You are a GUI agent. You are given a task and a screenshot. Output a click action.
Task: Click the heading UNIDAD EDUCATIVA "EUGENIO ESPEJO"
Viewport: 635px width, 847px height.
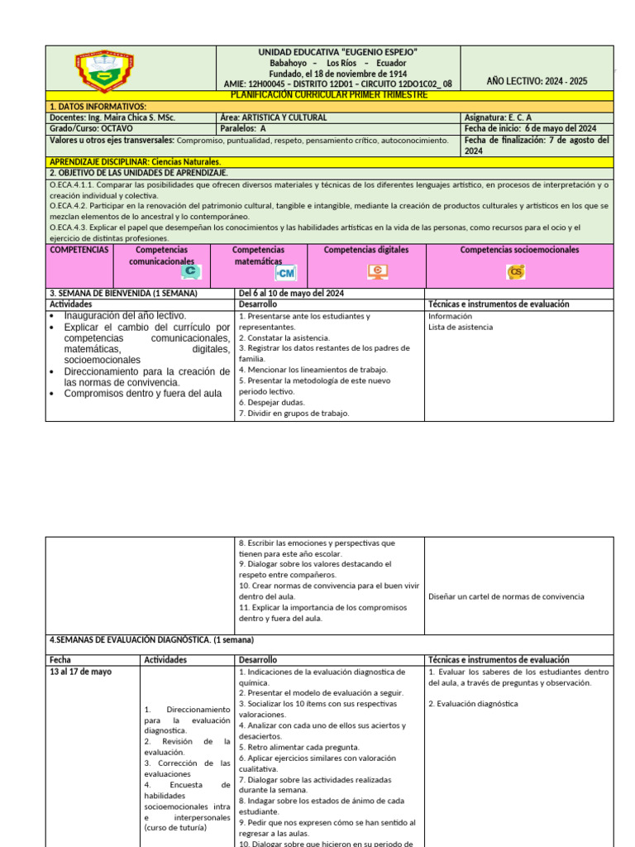click(337, 53)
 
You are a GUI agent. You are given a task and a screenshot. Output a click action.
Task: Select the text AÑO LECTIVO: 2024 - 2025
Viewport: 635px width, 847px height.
click(537, 81)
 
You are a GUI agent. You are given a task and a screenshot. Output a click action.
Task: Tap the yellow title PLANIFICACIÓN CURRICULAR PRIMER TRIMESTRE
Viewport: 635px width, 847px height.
click(329, 95)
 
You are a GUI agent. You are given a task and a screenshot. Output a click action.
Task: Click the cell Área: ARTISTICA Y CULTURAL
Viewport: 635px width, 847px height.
click(274, 117)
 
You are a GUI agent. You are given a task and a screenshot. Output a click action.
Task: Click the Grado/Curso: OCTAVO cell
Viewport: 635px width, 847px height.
click(91, 129)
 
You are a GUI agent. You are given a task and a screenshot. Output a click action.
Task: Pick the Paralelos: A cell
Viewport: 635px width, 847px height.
click(244, 129)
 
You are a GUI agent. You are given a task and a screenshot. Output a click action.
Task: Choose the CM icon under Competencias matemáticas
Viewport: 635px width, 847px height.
click(285, 273)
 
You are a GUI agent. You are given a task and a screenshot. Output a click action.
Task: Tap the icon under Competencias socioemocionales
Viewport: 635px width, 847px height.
click(517, 271)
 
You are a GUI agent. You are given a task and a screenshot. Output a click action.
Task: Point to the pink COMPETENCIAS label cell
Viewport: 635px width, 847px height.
click(79, 250)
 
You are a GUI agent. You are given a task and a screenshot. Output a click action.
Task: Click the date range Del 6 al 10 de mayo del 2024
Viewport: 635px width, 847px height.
click(291, 294)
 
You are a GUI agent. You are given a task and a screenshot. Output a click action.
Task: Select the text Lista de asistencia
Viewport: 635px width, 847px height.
click(460, 328)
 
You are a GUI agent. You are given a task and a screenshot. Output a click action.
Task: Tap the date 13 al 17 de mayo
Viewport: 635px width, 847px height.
click(81, 672)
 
